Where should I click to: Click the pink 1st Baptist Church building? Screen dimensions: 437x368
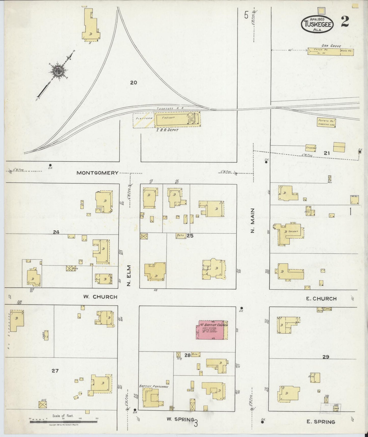(x=211, y=330)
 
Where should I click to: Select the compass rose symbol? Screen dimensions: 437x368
(x=59, y=70)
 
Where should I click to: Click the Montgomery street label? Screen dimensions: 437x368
(x=98, y=173)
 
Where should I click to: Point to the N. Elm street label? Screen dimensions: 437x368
(x=129, y=276)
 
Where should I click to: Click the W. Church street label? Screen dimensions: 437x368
(x=100, y=297)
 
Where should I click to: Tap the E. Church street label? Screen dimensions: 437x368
(x=321, y=299)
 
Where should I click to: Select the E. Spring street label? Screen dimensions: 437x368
(x=320, y=422)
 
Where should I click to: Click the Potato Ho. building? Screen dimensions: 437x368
(x=326, y=123)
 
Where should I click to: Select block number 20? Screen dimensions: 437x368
(x=133, y=82)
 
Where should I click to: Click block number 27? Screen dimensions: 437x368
(x=55, y=371)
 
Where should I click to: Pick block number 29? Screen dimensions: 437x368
(x=326, y=357)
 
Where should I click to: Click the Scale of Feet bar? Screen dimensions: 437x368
(x=63, y=422)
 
